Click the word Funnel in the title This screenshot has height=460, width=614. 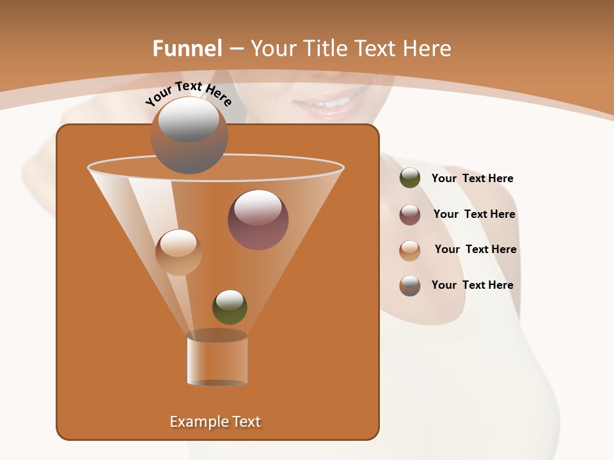(187, 49)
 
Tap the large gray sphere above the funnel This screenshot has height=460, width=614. (189, 135)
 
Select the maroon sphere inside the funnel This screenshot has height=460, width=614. (258, 220)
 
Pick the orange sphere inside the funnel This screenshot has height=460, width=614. (178, 252)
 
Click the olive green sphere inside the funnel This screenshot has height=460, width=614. (230, 307)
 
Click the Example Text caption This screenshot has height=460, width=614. (215, 422)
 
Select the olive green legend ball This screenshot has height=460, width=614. (410, 178)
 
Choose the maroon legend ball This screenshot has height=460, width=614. (410, 215)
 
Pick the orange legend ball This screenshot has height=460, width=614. (410, 250)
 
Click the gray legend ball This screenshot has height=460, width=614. (410, 286)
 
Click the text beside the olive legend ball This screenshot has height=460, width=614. (472, 179)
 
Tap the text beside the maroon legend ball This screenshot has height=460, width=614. (474, 215)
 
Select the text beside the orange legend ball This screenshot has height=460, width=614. (475, 250)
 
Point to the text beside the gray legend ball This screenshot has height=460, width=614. (472, 286)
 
